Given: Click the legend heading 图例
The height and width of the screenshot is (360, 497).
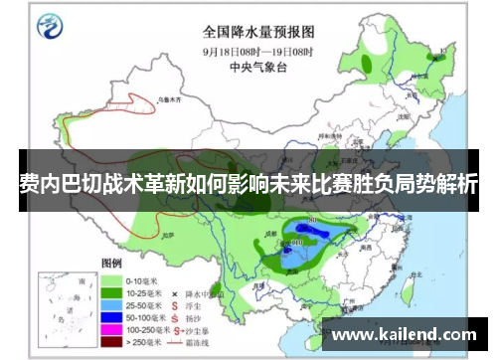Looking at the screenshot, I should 111,265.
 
